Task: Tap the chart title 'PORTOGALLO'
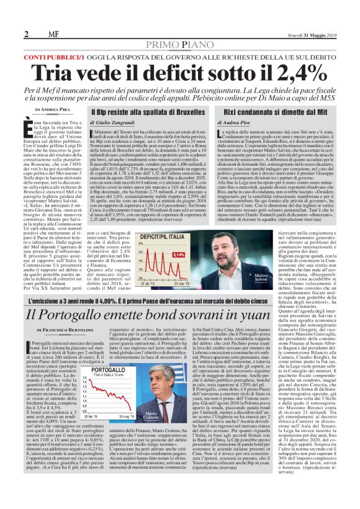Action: (94, 369)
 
